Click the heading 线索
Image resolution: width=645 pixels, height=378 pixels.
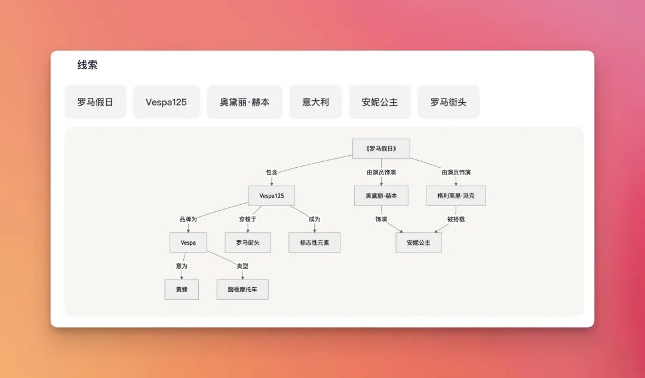[87, 66]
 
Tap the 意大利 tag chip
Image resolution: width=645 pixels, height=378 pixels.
[315, 102]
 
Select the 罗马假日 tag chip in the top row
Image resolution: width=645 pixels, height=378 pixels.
[95, 102]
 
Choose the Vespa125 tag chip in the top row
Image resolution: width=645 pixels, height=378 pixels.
[166, 102]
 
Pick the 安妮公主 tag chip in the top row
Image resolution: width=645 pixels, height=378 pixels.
[380, 102]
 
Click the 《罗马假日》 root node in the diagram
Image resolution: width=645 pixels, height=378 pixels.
[381, 149]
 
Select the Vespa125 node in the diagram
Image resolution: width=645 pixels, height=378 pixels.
[272, 196]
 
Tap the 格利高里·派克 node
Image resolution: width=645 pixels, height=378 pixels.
[456, 196]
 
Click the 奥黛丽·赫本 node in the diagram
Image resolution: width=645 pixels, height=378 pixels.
[381, 196]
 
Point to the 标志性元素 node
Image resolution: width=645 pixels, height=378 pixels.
[315, 242]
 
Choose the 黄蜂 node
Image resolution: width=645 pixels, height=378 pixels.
[182, 290]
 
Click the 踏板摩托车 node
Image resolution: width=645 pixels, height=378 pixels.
[242, 290]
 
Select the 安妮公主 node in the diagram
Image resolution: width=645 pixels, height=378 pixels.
[419, 242]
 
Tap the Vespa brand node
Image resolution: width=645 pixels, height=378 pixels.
[188, 242]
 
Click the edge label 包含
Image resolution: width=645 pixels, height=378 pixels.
[272, 173]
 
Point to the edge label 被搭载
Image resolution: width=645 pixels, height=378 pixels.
[456, 219]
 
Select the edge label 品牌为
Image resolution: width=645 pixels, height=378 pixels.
[188, 219]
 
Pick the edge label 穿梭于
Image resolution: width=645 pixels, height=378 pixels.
[248, 219]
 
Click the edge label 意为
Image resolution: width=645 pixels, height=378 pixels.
[182, 266]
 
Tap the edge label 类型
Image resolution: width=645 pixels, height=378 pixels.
[242, 266]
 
